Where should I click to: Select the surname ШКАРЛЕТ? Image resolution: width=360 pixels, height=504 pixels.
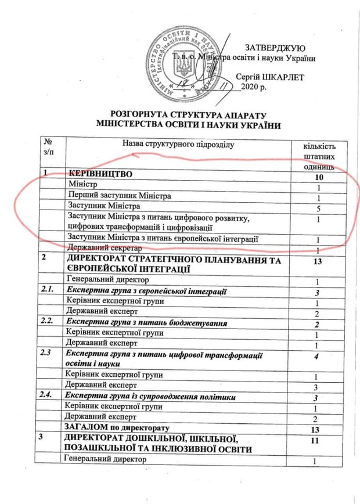point(292,76)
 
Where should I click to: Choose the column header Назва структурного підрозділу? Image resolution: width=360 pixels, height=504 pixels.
point(179,143)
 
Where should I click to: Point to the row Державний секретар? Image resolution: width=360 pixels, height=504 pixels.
point(102,249)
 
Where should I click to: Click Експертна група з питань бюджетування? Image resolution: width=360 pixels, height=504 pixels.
point(145,323)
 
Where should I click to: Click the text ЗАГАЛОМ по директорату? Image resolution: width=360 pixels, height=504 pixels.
point(117,429)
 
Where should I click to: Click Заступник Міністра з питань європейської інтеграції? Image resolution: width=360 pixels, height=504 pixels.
point(163,239)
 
